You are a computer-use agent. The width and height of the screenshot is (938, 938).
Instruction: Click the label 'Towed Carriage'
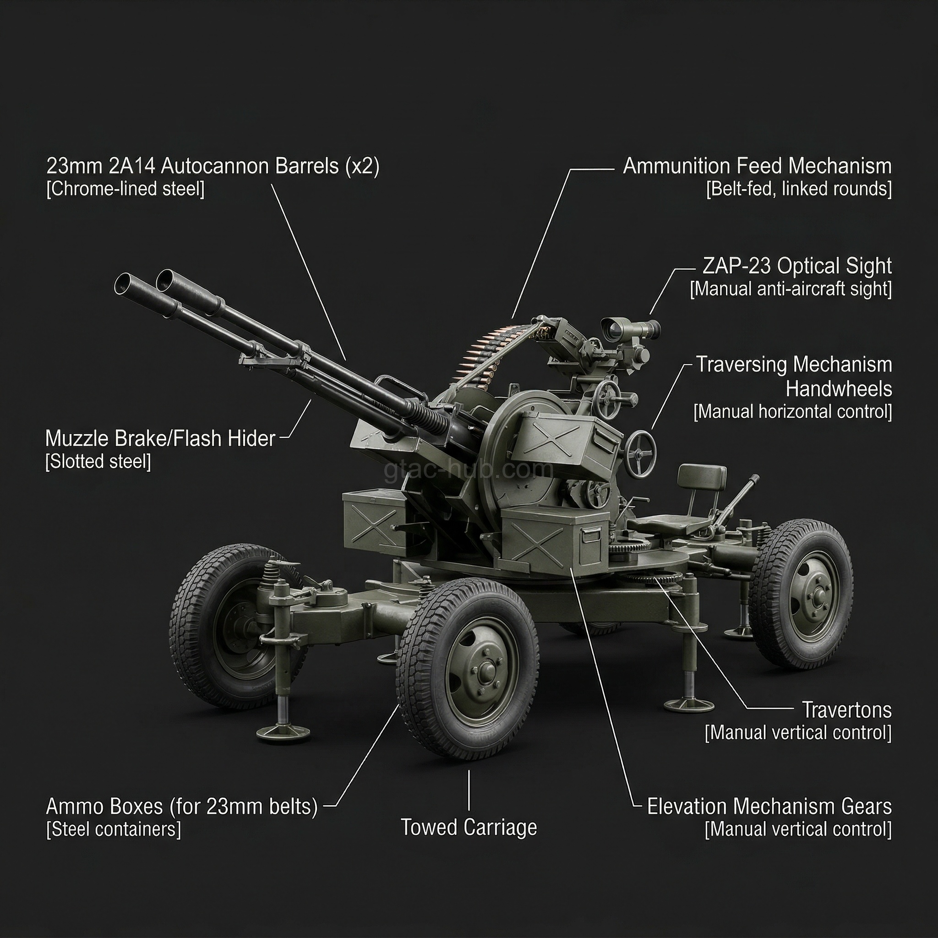click(x=469, y=827)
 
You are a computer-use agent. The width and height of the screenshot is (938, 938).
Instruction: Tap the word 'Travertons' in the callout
click(x=846, y=710)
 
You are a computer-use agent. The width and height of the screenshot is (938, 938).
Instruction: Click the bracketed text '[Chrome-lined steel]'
click(x=125, y=189)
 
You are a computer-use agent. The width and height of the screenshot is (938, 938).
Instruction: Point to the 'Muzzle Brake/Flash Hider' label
click(x=160, y=438)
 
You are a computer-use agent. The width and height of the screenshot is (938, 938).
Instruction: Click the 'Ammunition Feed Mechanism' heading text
click(x=757, y=166)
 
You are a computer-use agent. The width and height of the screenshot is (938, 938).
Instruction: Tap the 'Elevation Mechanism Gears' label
click(x=769, y=807)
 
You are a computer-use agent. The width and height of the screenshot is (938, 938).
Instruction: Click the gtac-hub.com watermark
click(x=469, y=469)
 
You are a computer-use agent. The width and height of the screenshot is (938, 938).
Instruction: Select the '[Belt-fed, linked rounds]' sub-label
click(x=799, y=189)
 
